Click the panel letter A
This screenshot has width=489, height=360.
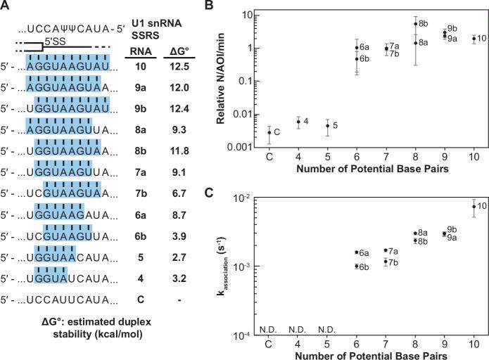(x=6, y=7)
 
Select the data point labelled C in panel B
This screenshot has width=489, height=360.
(x=269, y=132)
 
